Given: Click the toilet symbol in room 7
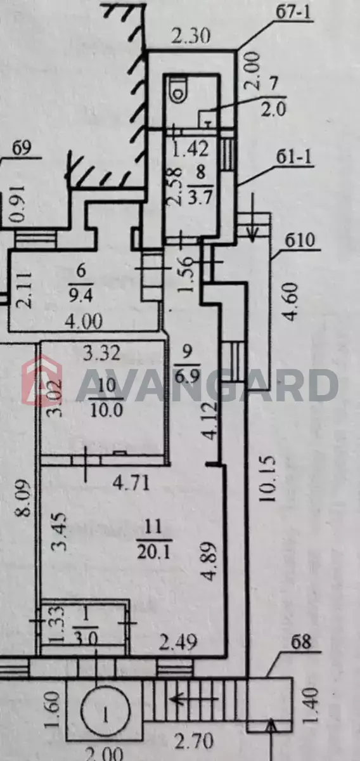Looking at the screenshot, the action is coord(178,89).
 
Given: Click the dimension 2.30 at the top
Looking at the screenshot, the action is coord(191,36).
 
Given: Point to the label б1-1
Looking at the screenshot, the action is coord(294,159).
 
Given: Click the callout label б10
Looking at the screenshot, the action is coord(300,240).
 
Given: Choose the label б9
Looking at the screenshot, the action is coord(22,148).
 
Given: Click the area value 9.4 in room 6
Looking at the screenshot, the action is coord(81,297).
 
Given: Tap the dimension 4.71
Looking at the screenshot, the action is coord(131,483).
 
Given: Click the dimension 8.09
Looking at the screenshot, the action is coord(23,498).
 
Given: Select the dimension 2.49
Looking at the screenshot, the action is coord(178,642).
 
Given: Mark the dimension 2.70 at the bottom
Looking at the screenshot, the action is coord(194,741).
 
